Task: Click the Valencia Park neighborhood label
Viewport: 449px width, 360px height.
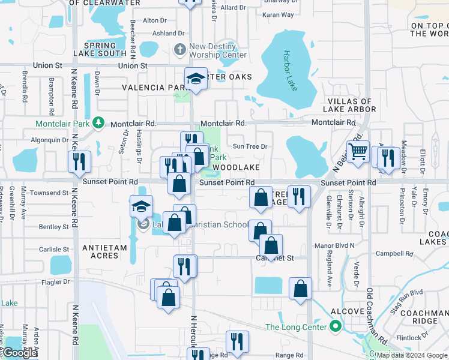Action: tap(152, 88)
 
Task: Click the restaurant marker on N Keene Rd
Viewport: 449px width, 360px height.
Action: tap(79, 162)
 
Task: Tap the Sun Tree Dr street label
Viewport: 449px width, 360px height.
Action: tap(250, 146)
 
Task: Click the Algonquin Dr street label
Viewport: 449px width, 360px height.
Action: tap(49, 140)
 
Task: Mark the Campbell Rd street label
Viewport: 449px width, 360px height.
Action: tap(411, 254)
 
